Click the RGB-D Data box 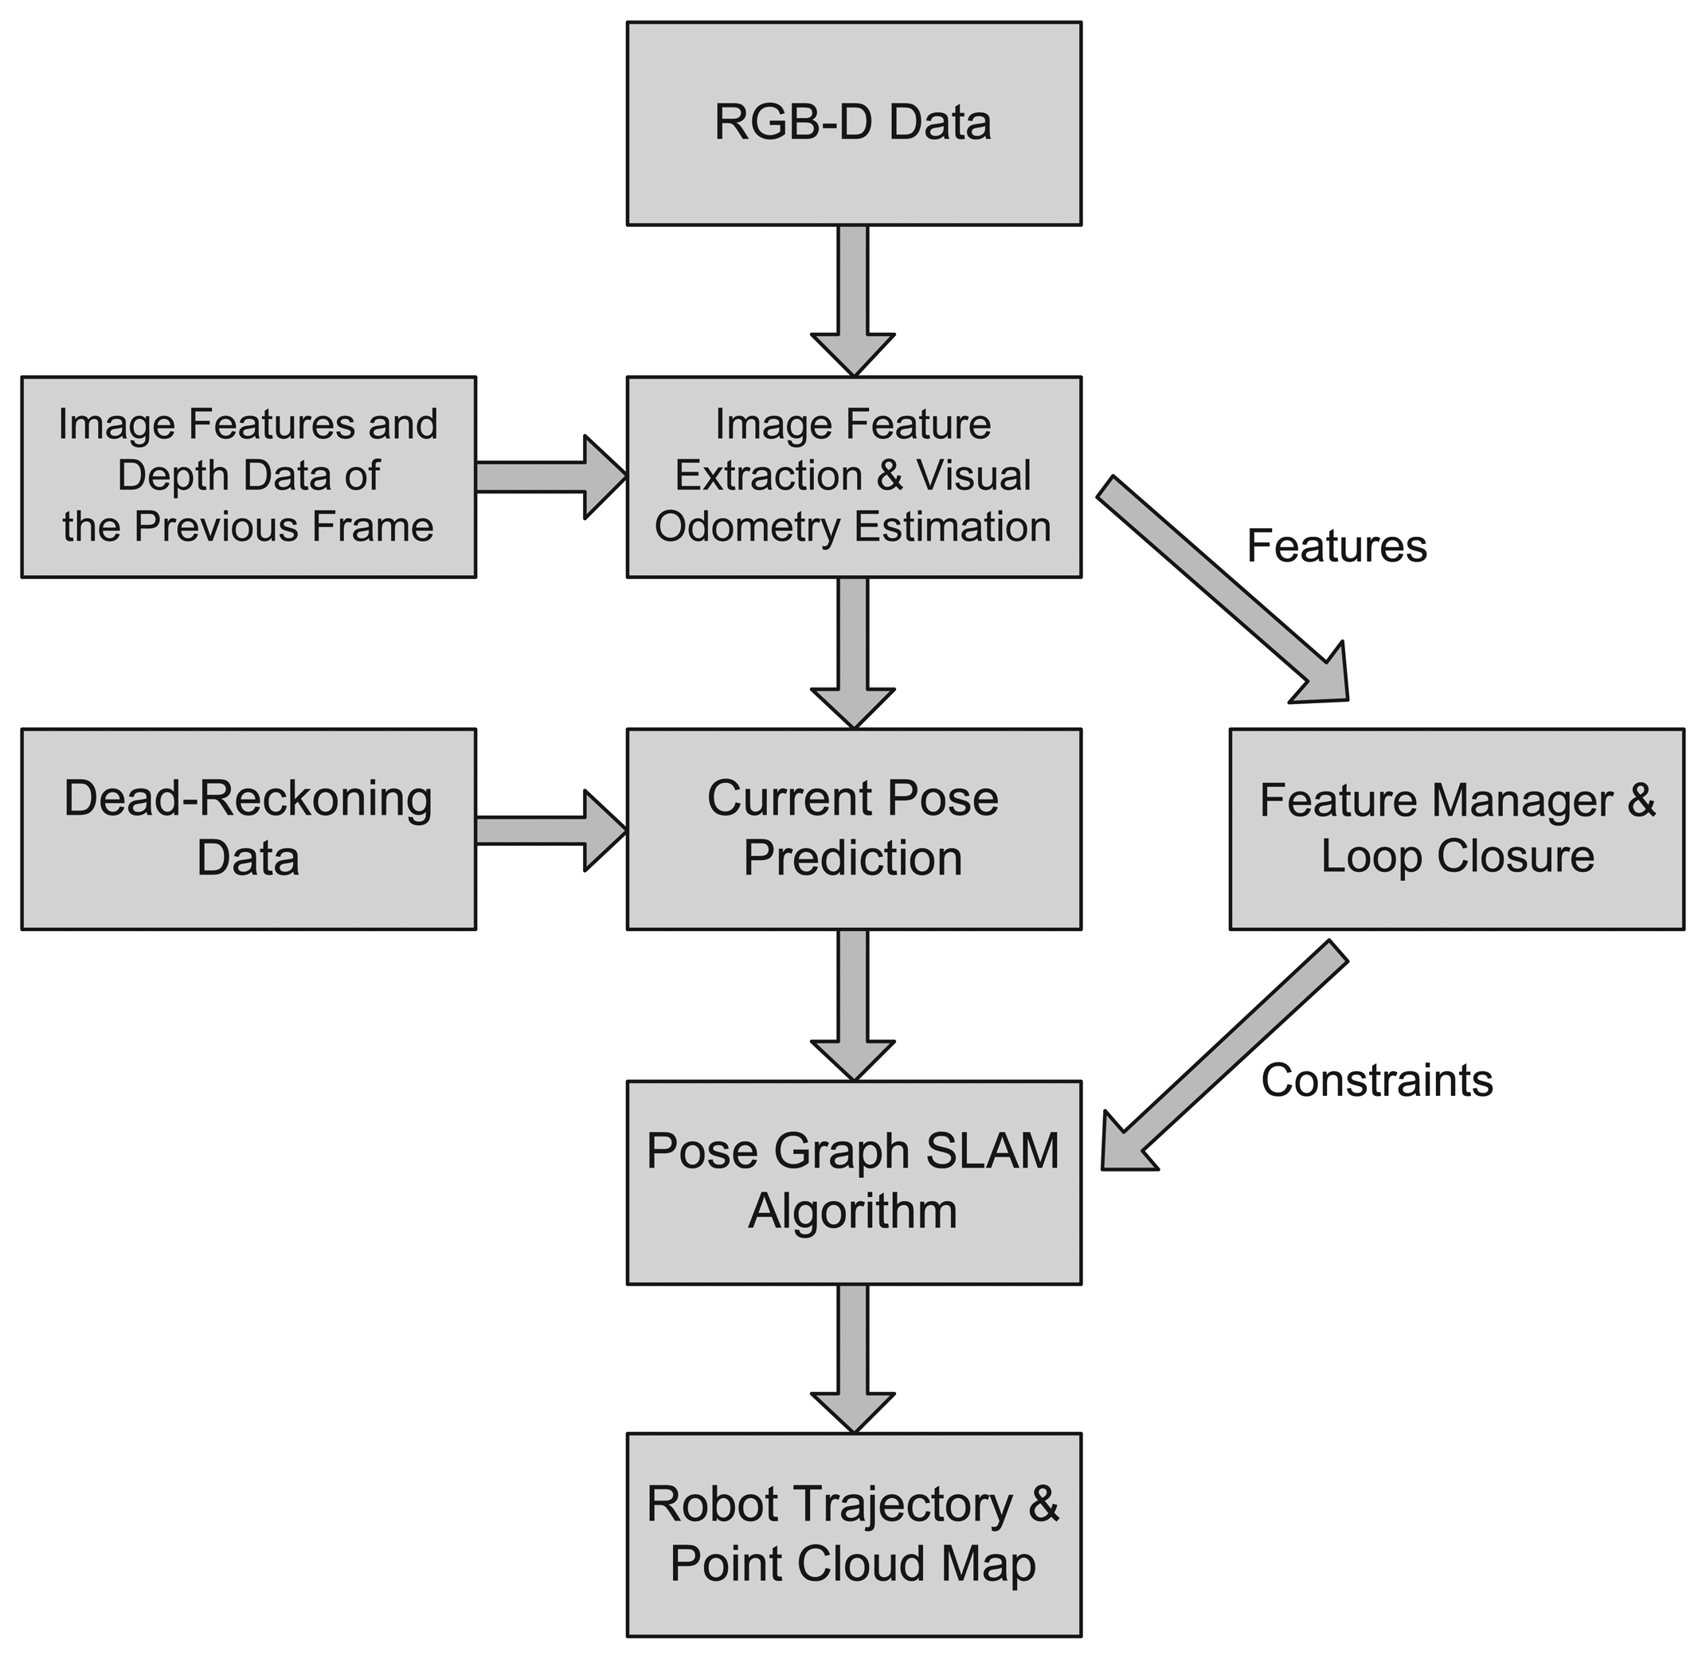(x=853, y=123)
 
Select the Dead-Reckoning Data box (x=248, y=828)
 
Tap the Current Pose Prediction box (x=853, y=828)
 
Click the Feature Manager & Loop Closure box (x=1456, y=828)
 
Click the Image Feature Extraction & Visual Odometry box (x=853, y=475)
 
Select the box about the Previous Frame (x=248, y=475)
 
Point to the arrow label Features (x=1336, y=546)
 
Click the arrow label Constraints (x=1376, y=1081)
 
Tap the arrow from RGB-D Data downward (x=853, y=296)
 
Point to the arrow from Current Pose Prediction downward (x=853, y=1002)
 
